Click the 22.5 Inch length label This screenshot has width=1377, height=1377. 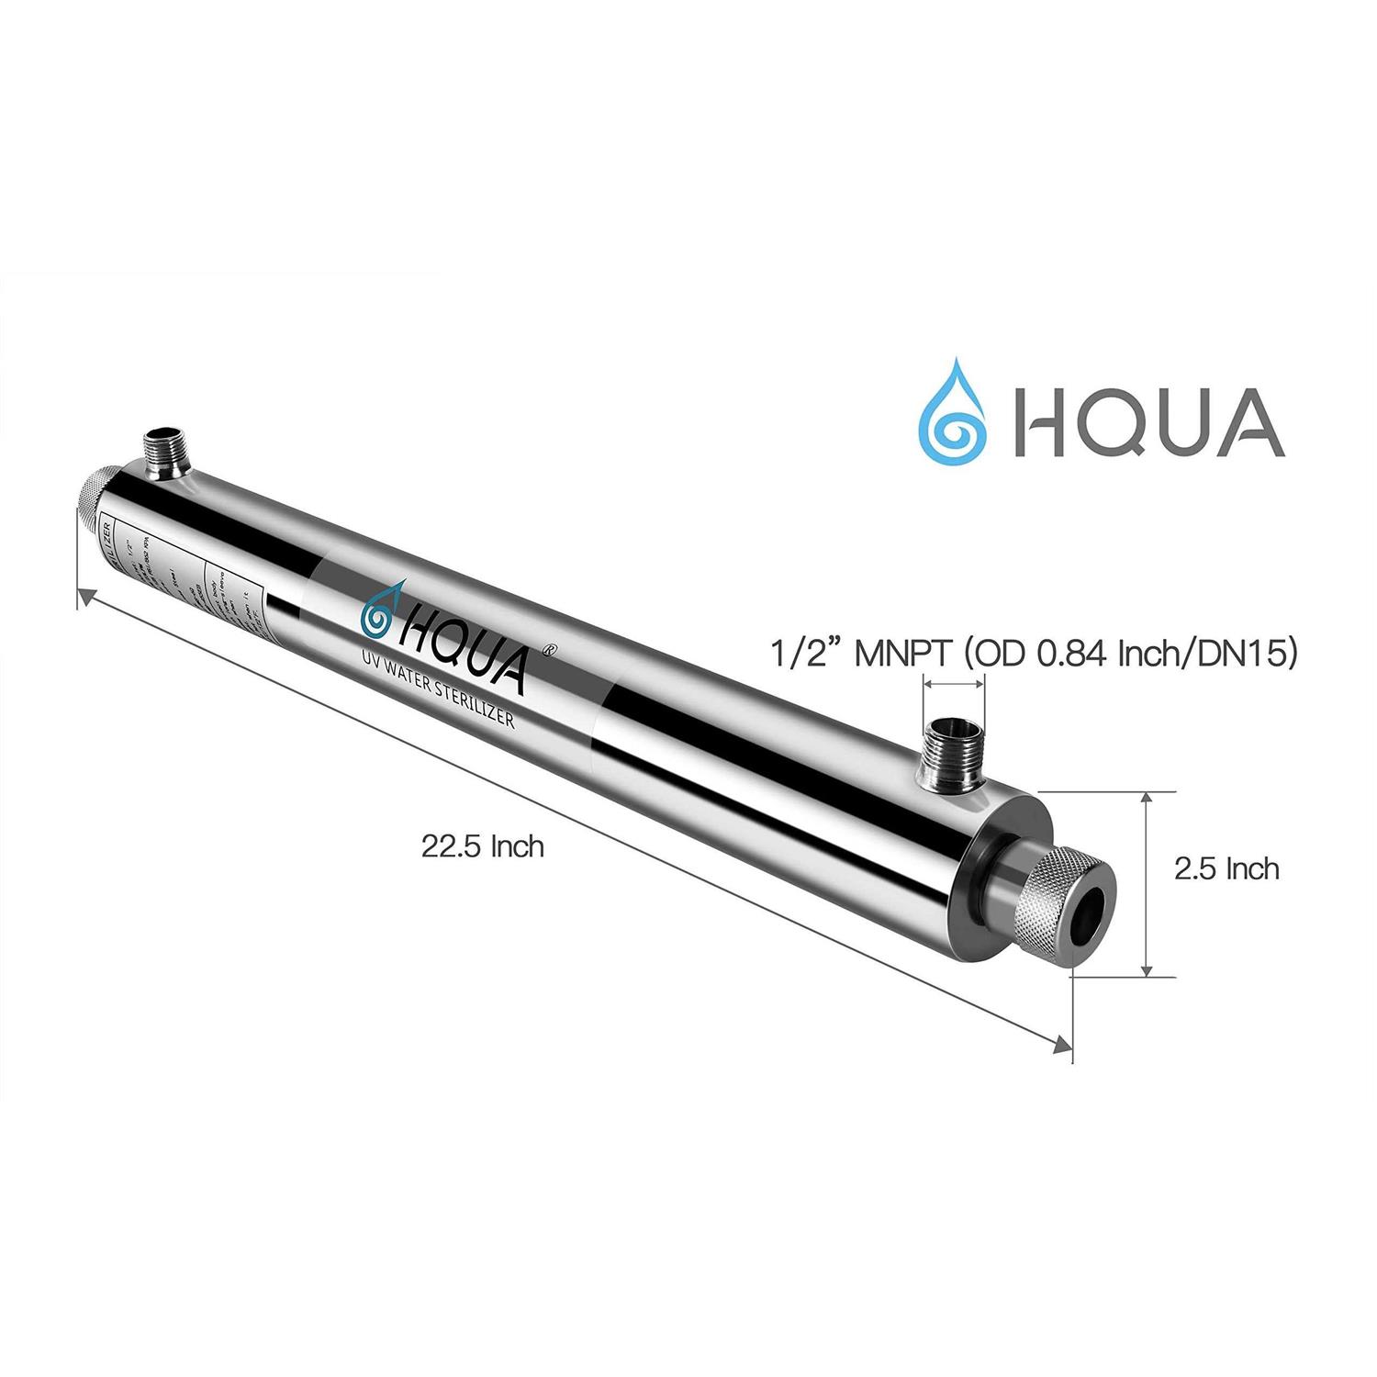click(483, 845)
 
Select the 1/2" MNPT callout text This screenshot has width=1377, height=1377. click(1032, 655)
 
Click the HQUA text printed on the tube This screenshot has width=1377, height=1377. click(464, 637)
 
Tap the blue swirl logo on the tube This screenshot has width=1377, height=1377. click(381, 616)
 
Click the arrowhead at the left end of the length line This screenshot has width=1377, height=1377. click(84, 598)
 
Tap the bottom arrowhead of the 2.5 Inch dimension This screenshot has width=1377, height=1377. click(1146, 970)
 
